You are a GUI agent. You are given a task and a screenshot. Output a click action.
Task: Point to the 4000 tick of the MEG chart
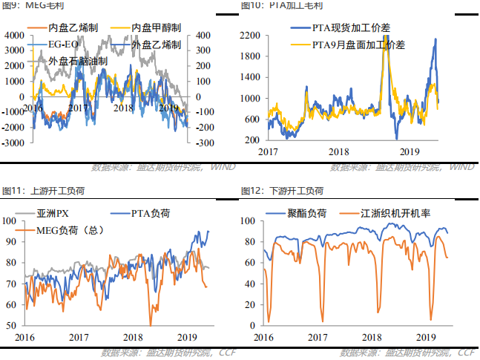click(x=13, y=35)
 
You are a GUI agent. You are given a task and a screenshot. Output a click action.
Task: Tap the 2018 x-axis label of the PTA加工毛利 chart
click(x=339, y=151)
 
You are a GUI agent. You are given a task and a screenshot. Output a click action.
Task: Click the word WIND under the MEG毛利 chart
click(x=223, y=167)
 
